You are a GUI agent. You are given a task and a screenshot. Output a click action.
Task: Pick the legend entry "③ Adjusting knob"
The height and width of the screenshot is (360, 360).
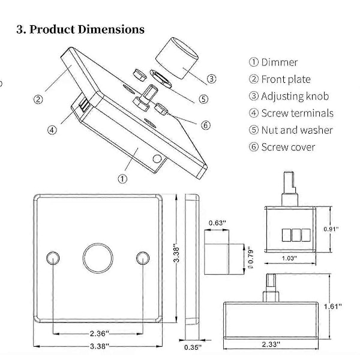(x=288, y=96)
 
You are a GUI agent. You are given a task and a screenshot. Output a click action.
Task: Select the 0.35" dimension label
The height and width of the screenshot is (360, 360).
(x=193, y=347)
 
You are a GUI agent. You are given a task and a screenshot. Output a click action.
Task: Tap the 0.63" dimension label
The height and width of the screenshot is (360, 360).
(x=217, y=223)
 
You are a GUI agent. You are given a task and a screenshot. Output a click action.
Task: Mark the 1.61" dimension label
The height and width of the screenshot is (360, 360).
(x=348, y=306)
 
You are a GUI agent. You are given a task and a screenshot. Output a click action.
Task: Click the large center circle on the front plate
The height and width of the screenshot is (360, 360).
(x=97, y=257)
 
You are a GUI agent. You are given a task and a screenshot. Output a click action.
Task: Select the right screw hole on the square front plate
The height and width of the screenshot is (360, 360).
(x=143, y=257)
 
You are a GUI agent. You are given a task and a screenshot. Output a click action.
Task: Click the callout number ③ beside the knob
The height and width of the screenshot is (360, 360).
(x=212, y=79)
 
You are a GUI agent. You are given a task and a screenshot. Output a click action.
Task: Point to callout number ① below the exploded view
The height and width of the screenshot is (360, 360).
(x=122, y=178)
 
